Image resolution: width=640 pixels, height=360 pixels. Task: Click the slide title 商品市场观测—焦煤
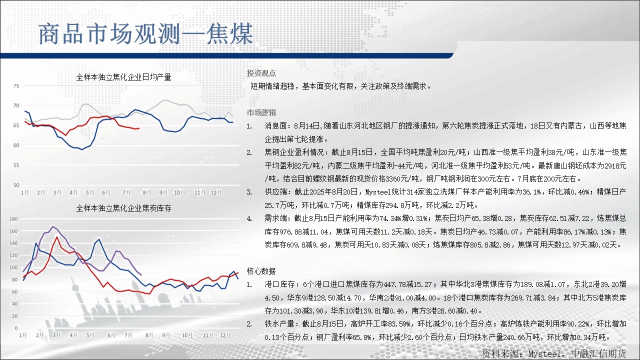145,34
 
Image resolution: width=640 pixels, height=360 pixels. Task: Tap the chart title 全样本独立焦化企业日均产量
123,77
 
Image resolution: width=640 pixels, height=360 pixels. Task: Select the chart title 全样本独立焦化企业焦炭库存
123,208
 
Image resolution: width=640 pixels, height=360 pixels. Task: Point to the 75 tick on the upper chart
16,85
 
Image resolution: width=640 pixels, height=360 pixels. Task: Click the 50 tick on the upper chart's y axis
16,185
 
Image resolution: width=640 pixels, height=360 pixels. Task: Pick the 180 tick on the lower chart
13,219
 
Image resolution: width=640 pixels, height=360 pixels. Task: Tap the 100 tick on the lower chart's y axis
13,267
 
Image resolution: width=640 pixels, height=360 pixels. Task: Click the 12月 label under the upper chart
216,192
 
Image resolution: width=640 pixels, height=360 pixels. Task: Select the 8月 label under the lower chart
149,335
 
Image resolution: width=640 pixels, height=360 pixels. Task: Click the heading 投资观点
261,73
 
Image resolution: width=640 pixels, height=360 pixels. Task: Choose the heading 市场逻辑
261,112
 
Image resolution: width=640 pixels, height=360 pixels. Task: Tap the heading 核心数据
261,271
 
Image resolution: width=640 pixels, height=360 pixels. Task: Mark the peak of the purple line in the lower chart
52,226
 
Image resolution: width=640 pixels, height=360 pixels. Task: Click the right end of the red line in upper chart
139,128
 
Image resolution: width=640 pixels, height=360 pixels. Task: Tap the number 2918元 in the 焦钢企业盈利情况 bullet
614,165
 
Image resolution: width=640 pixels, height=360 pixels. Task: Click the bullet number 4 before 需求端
249,219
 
